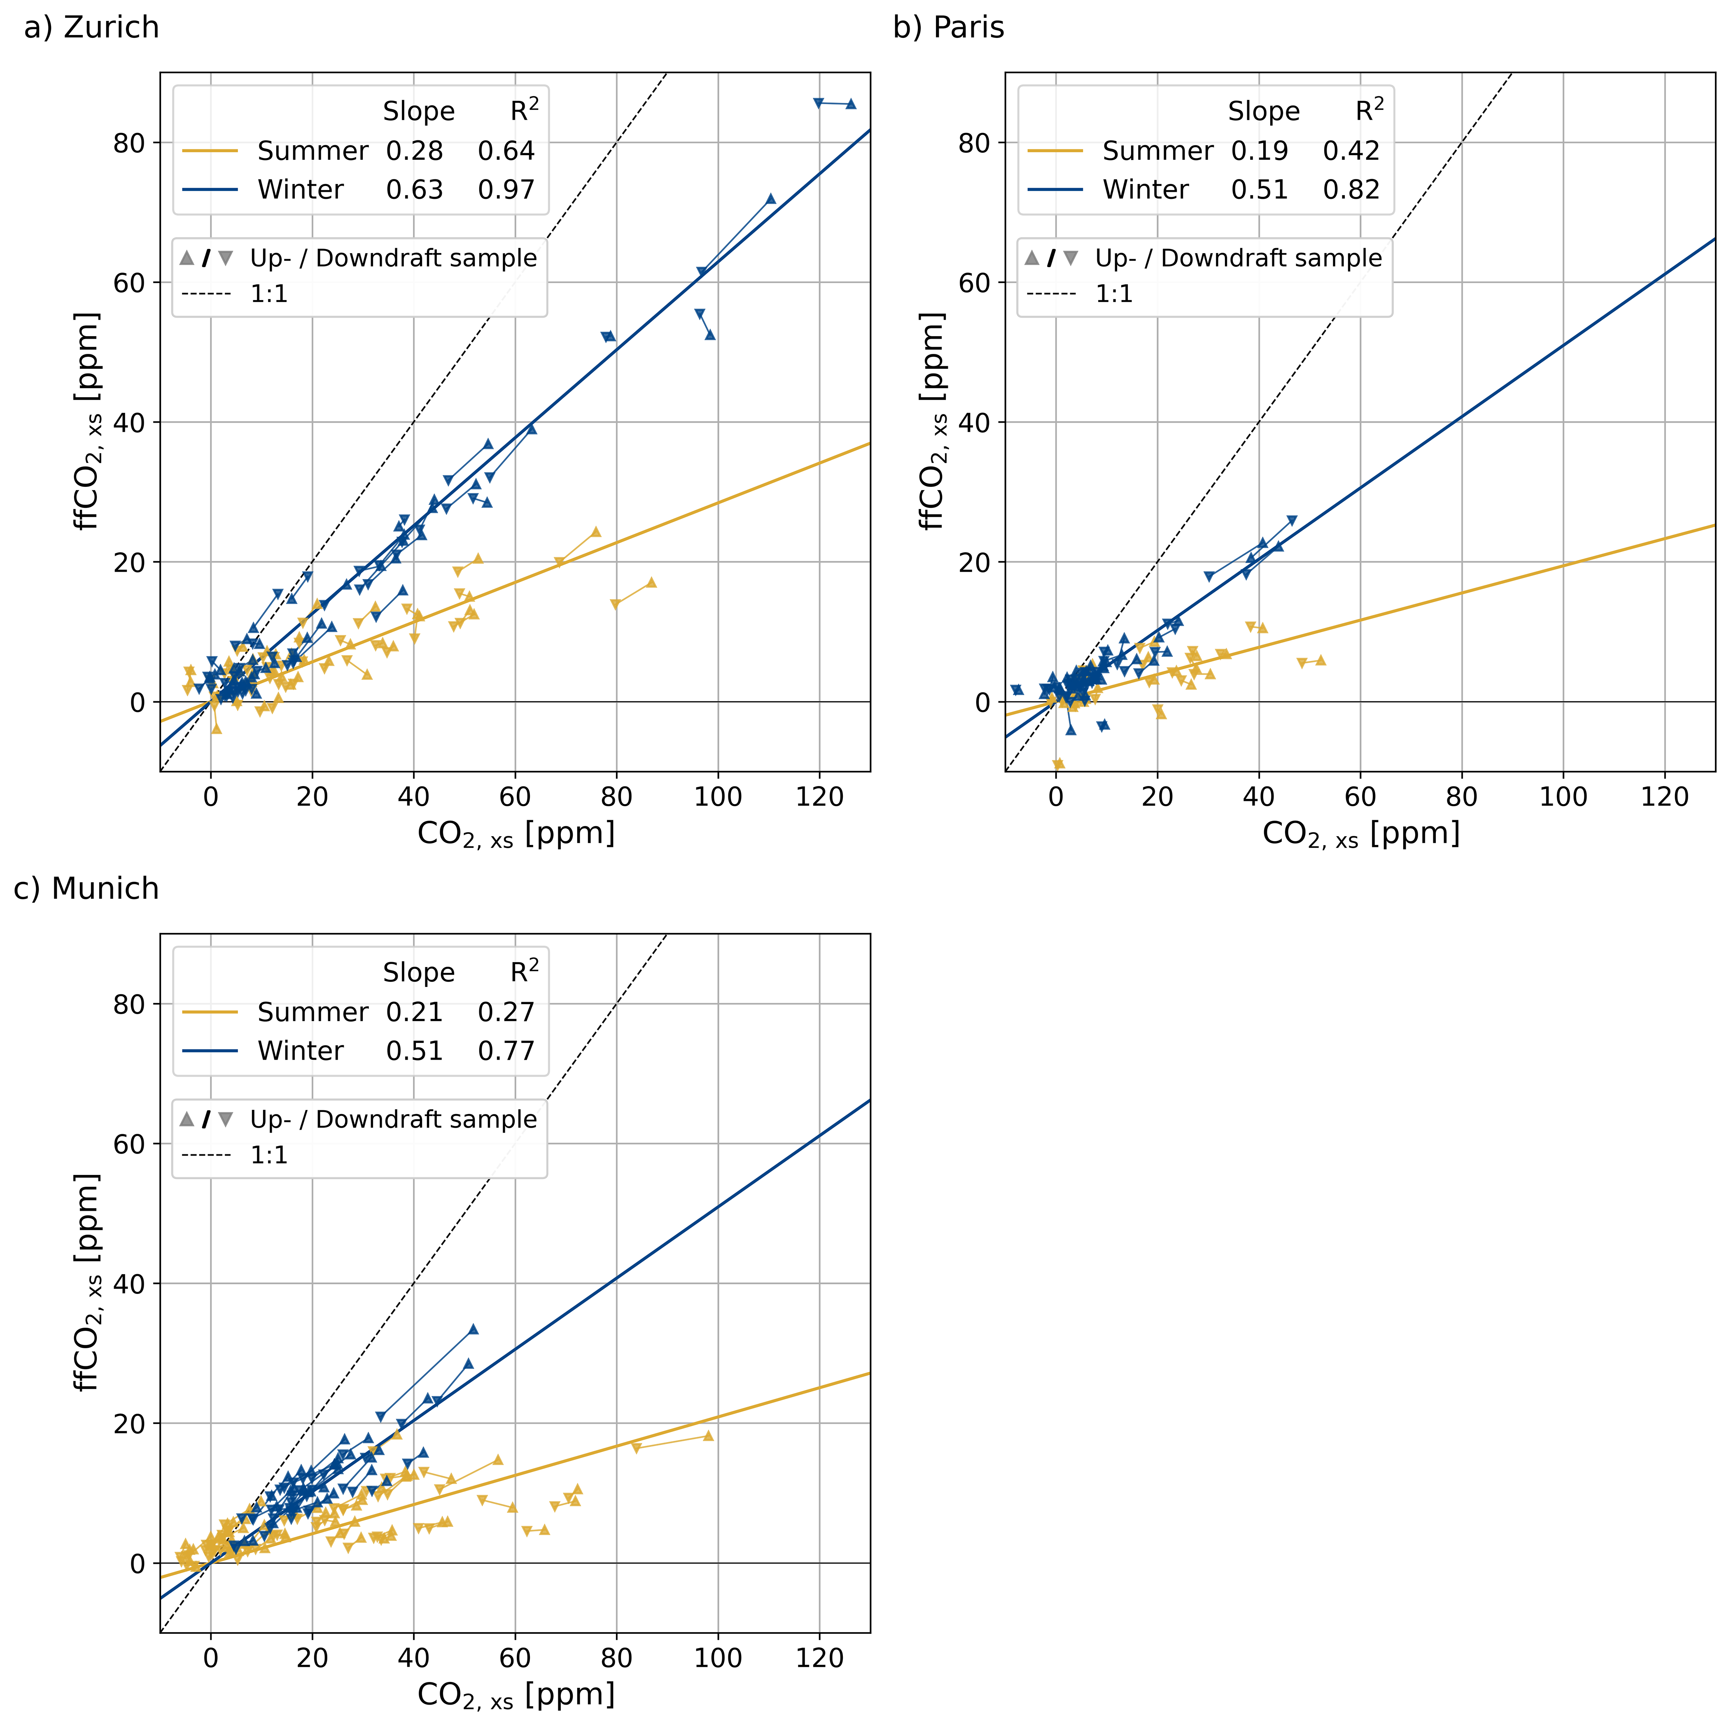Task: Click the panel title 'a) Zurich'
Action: [91, 28]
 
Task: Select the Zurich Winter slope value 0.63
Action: [414, 190]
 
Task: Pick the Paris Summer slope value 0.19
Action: [1259, 151]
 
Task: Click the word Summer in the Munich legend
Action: [313, 1012]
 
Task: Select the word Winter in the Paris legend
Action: [1145, 190]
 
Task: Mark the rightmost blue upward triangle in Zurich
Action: [851, 104]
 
